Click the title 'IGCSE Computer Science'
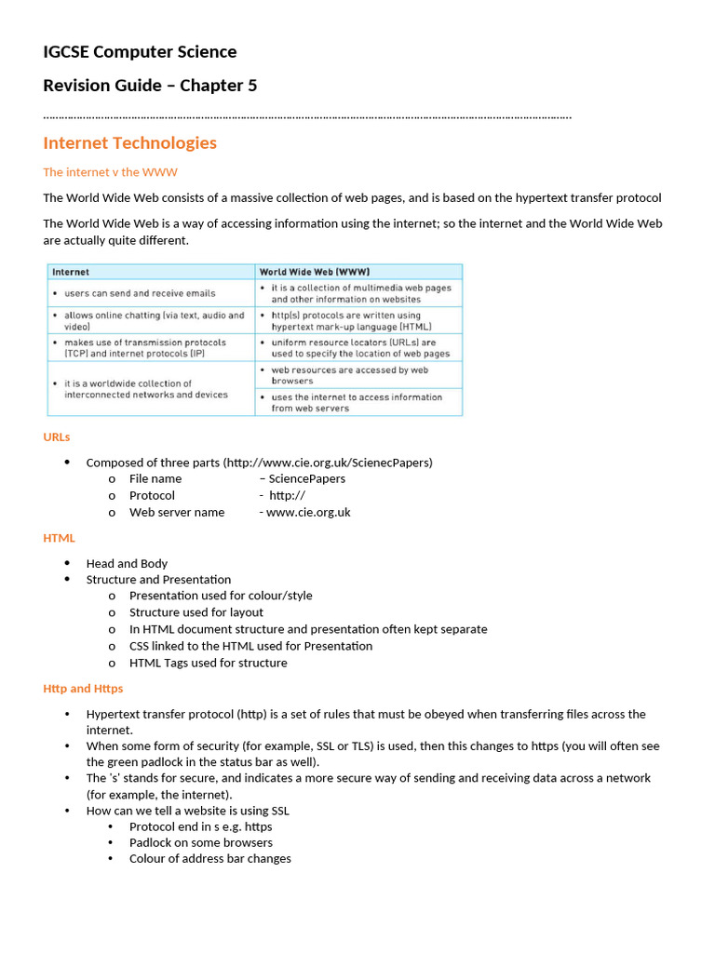pyautogui.click(x=140, y=52)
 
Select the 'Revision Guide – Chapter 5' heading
pyautogui.click(x=150, y=86)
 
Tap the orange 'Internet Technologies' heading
pyautogui.click(x=129, y=142)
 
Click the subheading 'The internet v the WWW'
pyautogui.click(x=110, y=172)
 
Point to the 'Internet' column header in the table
pyautogui.click(x=71, y=273)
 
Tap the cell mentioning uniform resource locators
pyautogui.click(x=359, y=348)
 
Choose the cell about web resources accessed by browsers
pyautogui.click(x=350, y=375)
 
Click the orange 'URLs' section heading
pyautogui.click(x=56, y=436)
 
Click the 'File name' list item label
pyautogui.click(x=155, y=479)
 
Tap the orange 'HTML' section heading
pyautogui.click(x=59, y=538)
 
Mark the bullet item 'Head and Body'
pyautogui.click(x=127, y=564)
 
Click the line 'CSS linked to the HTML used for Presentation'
pyautogui.click(x=250, y=646)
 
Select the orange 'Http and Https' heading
pyautogui.click(x=83, y=689)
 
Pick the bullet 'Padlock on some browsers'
pyautogui.click(x=201, y=842)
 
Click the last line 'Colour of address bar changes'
pyautogui.click(x=209, y=859)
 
